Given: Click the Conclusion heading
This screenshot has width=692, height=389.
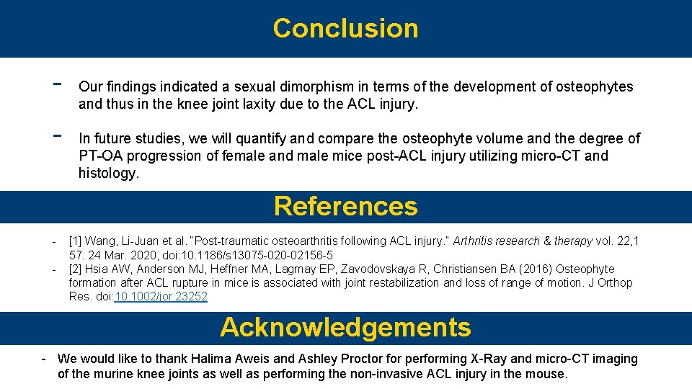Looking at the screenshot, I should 345,28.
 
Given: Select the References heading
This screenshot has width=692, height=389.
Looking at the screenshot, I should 345,206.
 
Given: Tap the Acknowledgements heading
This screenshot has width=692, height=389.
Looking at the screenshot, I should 345,327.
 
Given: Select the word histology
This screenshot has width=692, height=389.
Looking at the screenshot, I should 108,174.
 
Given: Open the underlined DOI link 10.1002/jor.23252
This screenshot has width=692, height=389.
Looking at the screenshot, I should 161,297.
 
